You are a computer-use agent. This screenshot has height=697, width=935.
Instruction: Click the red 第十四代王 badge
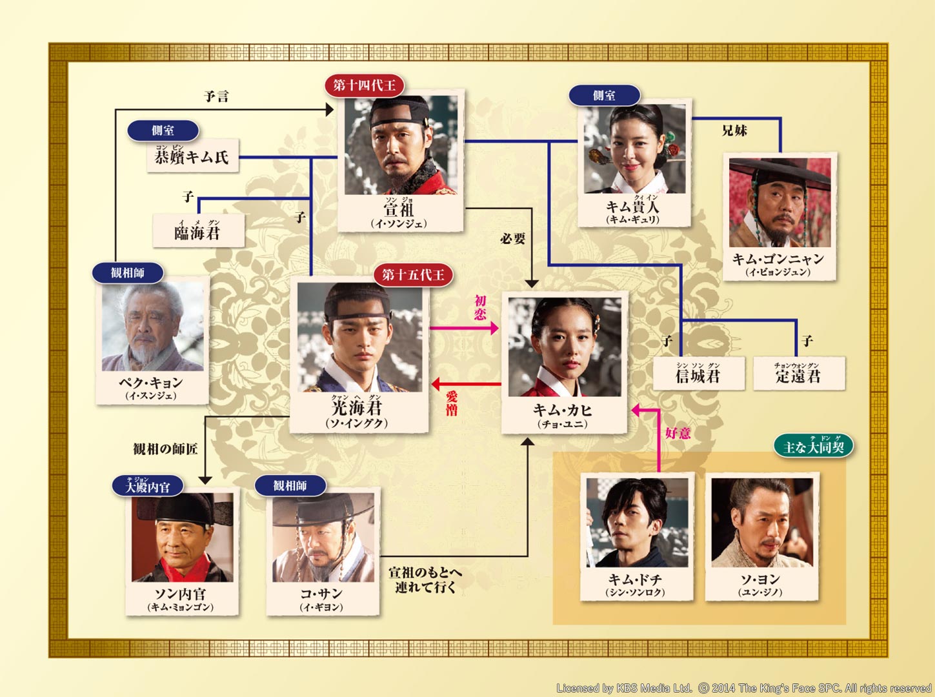coord(365,85)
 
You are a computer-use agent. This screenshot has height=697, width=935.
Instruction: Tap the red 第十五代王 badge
coord(413,275)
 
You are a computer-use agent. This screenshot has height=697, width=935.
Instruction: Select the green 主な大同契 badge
coord(814,446)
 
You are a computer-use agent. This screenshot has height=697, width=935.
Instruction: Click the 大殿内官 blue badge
coord(148,486)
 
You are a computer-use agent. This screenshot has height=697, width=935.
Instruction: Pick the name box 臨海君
coord(198,231)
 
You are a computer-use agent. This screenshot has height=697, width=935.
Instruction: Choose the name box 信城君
coord(698,374)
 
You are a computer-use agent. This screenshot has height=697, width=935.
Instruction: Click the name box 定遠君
coord(798,374)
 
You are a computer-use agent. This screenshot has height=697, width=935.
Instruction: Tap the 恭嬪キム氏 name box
coord(192,156)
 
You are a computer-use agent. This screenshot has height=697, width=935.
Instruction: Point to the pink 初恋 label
coord(480,307)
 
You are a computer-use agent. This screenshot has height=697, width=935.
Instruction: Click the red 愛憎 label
coord(452,403)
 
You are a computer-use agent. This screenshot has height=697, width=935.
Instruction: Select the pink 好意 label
coord(678,433)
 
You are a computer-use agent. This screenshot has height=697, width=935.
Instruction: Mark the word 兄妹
coord(734,130)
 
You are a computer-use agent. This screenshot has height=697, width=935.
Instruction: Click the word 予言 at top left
coord(216,96)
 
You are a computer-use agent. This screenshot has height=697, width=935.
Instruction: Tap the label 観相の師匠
coord(165,449)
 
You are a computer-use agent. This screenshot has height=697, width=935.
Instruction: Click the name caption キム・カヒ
coord(563,410)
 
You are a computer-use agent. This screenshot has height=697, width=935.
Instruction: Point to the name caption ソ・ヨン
coord(760,580)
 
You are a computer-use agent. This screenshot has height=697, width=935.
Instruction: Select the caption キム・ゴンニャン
coord(778,259)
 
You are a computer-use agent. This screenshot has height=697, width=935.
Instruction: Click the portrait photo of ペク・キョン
coord(153,326)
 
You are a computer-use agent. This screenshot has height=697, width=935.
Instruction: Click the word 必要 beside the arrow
coord(513,239)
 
